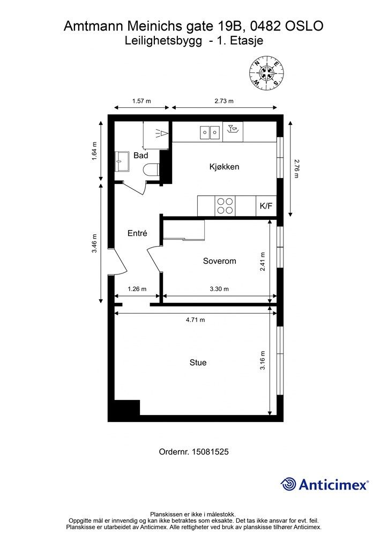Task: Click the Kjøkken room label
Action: (224, 167)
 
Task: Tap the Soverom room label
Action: (219, 261)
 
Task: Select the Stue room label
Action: (198, 362)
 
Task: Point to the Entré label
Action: (137, 233)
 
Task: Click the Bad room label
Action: (140, 155)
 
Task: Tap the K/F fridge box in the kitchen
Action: (266, 206)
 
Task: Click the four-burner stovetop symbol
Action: (225, 206)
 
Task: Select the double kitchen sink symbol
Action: (210, 132)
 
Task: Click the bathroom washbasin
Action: (122, 161)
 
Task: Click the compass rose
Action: (266, 73)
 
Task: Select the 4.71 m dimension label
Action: (195, 320)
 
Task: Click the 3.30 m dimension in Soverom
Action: (219, 289)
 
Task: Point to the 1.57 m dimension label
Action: (141, 101)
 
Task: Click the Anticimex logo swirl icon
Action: (288, 485)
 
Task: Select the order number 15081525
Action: (210, 451)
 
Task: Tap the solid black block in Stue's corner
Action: (128, 407)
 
